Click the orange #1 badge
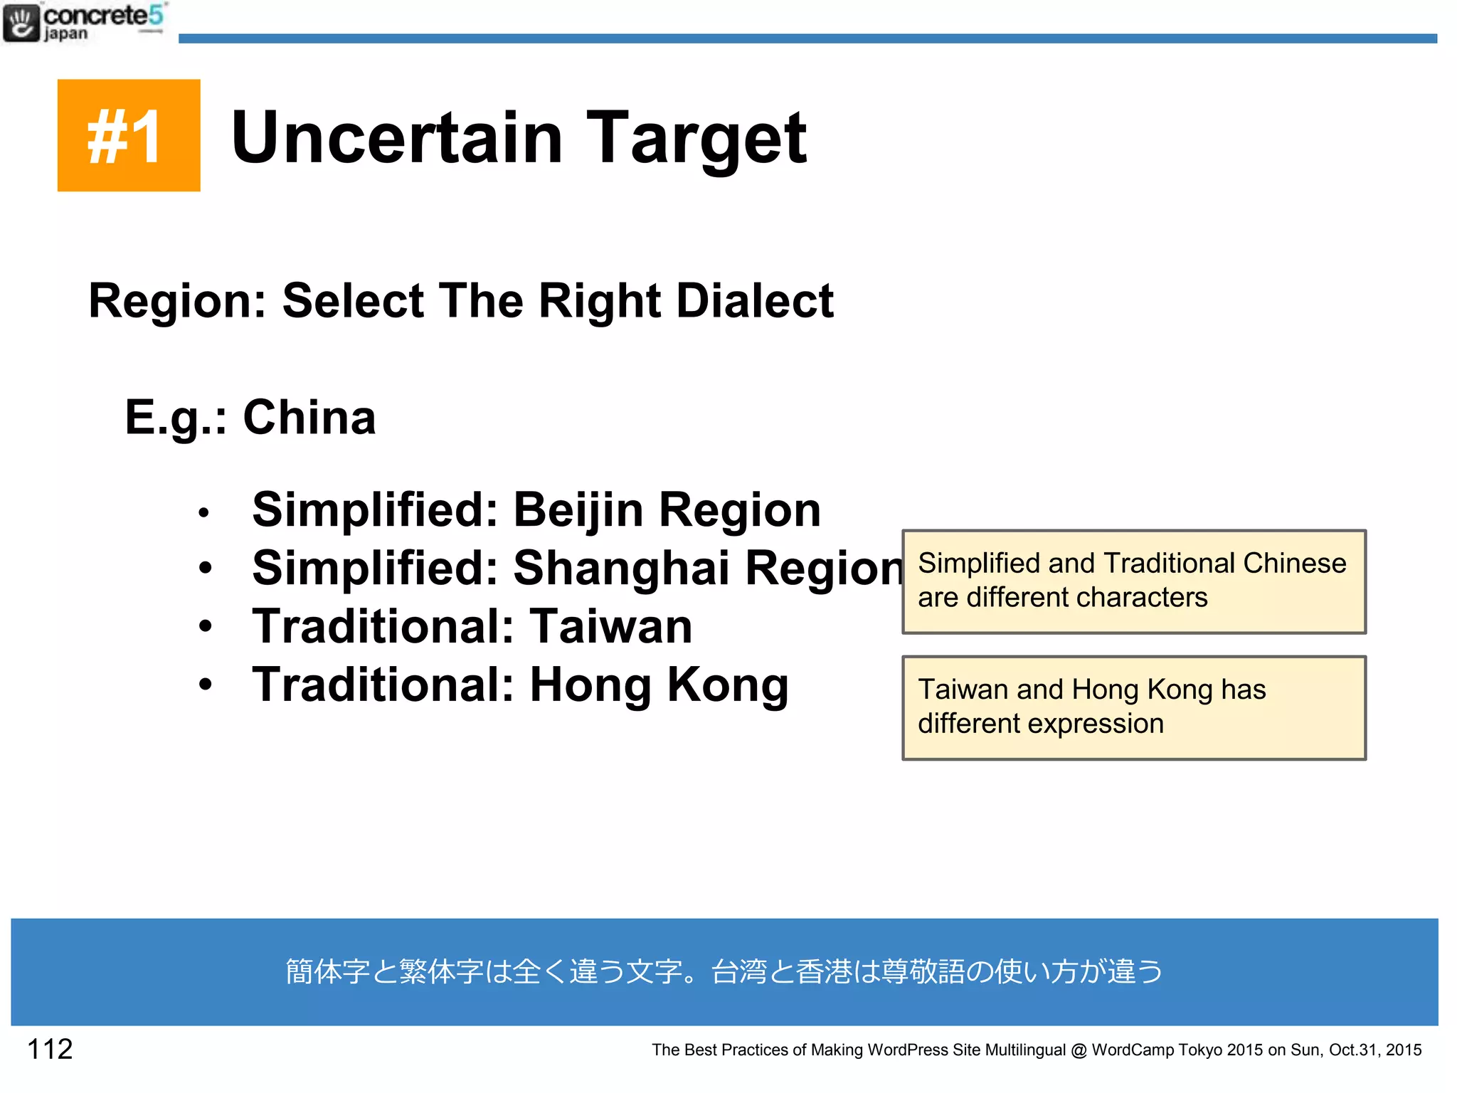tap(129, 135)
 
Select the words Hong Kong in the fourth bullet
tap(659, 685)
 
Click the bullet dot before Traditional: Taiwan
tap(206, 626)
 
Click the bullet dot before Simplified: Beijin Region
tap(204, 512)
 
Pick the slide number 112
tap(50, 1049)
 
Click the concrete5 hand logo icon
tap(21, 23)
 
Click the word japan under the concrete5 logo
tap(65, 33)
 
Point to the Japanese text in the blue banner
tap(724, 971)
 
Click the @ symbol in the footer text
tap(1079, 1050)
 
